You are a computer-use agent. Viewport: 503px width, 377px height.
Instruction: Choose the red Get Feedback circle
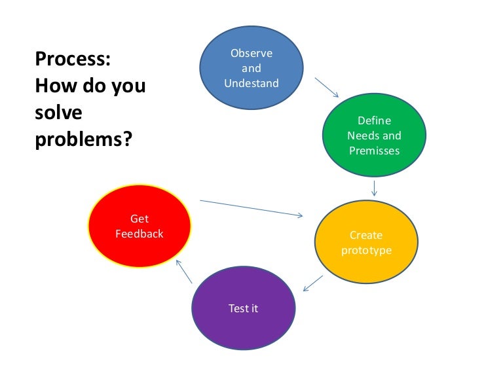(139, 225)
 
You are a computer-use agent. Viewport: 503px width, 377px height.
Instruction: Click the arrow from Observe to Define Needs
(326, 88)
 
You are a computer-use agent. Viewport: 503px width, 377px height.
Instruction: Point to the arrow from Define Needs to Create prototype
(374, 188)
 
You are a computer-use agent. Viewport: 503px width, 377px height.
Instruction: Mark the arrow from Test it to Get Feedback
(183, 270)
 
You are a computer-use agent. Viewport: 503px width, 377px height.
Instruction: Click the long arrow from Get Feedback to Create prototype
(251, 207)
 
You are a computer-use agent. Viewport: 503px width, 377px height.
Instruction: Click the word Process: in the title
(73, 60)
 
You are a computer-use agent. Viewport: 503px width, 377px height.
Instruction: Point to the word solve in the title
(58, 113)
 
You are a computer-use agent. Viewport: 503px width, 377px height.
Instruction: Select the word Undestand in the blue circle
(251, 83)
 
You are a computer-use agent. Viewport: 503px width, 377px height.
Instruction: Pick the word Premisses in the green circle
(374, 151)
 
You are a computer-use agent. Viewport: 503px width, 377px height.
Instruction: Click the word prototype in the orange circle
(366, 251)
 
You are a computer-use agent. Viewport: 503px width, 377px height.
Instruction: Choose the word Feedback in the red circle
(139, 234)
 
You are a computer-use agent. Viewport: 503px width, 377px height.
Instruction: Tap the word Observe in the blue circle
(251, 53)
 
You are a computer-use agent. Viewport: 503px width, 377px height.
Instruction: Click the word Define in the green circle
(374, 120)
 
